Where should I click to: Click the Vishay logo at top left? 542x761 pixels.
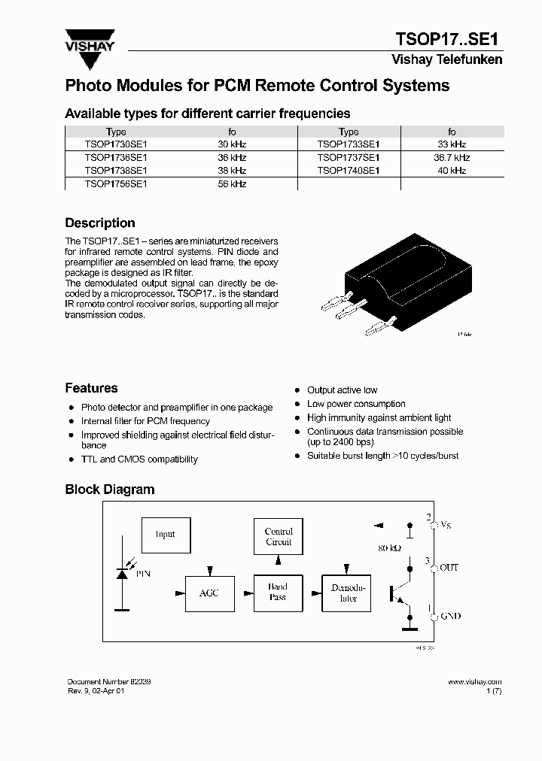[x=90, y=40]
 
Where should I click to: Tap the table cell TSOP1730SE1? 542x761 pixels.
[x=116, y=144]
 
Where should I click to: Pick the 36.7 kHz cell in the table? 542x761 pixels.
[x=452, y=158]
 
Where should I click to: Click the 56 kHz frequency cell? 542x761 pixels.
[x=232, y=184]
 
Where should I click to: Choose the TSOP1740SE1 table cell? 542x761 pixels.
[x=348, y=171]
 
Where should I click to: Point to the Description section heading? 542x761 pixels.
[x=100, y=223]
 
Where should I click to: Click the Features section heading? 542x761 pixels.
[x=91, y=389]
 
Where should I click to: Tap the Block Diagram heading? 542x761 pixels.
[x=110, y=490]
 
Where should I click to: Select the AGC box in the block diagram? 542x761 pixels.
[x=209, y=593]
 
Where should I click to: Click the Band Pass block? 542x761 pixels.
[x=278, y=593]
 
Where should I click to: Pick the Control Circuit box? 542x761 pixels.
[x=279, y=536]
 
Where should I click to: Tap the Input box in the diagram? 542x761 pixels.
[x=166, y=535]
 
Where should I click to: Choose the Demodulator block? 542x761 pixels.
[x=348, y=593]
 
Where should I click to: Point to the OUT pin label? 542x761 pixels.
[x=449, y=568]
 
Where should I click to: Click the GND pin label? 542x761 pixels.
[x=450, y=617]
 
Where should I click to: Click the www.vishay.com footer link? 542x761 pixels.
[x=474, y=681]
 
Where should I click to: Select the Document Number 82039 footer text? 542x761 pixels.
[x=109, y=681]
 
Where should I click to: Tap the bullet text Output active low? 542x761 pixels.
[x=342, y=390]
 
